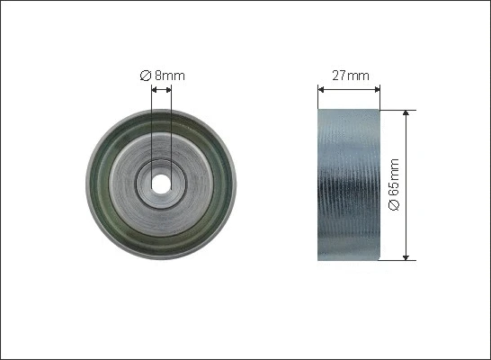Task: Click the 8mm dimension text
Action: tap(169, 76)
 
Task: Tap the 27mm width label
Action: tap(351, 76)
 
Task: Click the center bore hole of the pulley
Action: tap(161, 183)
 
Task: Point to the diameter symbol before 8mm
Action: tap(146, 76)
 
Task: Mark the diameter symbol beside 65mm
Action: tap(394, 206)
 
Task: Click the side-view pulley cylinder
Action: tap(349, 184)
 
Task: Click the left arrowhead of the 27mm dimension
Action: tap(321, 89)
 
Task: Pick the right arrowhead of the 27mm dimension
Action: tap(378, 89)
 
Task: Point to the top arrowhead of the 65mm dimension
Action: tap(410, 114)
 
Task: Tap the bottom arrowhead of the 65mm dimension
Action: tap(410, 257)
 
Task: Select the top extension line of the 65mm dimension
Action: tap(399, 110)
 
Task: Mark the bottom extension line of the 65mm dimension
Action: tap(399, 261)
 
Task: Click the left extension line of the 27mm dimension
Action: tap(317, 97)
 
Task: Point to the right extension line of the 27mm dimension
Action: tap(381, 97)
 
